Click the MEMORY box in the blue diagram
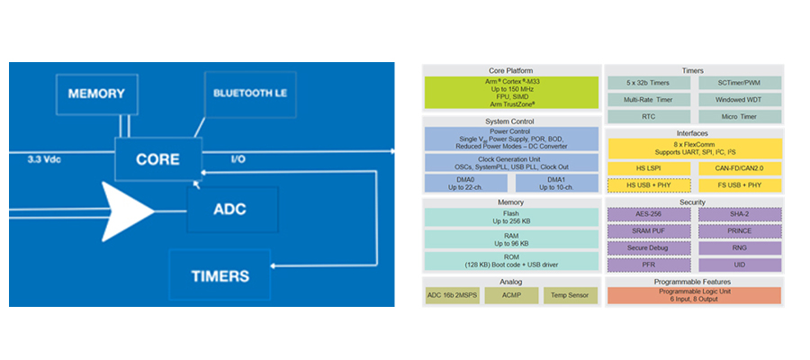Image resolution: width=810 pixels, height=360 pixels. coord(95,94)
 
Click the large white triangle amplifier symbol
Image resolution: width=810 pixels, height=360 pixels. coord(127,209)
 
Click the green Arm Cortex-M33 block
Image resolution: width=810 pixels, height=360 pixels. coord(510,93)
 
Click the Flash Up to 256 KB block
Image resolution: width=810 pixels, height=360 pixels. coord(510,218)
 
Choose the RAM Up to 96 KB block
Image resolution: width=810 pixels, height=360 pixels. coord(510,239)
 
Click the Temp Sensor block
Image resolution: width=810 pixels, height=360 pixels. coord(571,294)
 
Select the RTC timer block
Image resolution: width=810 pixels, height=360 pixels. coord(648,117)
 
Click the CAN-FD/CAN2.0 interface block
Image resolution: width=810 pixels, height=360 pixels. coord(739,168)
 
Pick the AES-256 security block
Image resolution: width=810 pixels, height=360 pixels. coord(648,214)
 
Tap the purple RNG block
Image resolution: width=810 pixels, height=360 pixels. coord(739,247)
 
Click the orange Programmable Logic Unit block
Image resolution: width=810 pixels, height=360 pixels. coord(694,295)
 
